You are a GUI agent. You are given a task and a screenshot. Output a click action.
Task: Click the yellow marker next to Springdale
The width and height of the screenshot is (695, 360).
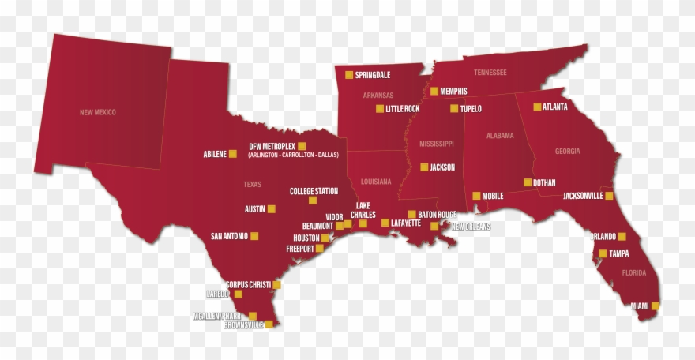tap(349, 75)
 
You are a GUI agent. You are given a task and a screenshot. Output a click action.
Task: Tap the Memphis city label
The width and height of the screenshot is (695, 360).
tap(453, 91)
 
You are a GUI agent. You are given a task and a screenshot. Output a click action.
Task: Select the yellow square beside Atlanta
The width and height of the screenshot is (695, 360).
tap(538, 107)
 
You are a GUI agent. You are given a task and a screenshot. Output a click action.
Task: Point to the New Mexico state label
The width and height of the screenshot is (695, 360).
tap(98, 112)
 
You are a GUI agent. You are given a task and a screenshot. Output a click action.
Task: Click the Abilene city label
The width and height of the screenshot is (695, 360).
tap(214, 154)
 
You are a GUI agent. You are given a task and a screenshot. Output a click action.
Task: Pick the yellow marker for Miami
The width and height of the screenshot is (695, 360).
tap(656, 306)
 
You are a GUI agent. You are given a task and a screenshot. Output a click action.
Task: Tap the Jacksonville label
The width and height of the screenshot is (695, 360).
tap(583, 196)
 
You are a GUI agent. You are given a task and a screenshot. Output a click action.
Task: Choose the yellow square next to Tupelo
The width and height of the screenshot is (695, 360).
tap(454, 108)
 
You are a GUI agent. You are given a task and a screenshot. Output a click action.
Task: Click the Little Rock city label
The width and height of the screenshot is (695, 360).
tap(403, 109)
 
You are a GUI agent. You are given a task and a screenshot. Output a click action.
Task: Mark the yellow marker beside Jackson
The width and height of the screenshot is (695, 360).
tap(424, 167)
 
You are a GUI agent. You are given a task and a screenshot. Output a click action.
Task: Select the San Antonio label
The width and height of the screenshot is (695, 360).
tap(229, 236)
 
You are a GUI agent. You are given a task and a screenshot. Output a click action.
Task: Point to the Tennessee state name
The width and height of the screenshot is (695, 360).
tap(490, 73)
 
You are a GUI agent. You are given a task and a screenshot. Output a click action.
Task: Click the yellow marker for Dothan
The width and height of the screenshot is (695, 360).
tap(528, 182)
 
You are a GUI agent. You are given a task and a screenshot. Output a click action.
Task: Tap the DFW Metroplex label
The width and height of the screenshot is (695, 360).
tap(272, 146)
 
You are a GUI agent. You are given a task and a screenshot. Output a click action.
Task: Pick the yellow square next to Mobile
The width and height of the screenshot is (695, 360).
tap(476, 196)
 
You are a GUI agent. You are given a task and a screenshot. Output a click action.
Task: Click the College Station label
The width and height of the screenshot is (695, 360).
tap(314, 191)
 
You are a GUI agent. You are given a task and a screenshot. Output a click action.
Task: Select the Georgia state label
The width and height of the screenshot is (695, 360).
tap(567, 151)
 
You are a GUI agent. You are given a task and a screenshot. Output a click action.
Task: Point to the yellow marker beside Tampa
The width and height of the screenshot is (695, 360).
tap(603, 253)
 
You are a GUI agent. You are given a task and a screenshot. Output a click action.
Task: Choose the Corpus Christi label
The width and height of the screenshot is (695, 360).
tap(248, 284)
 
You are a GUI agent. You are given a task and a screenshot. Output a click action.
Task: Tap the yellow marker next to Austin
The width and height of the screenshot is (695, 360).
tap(272, 209)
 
